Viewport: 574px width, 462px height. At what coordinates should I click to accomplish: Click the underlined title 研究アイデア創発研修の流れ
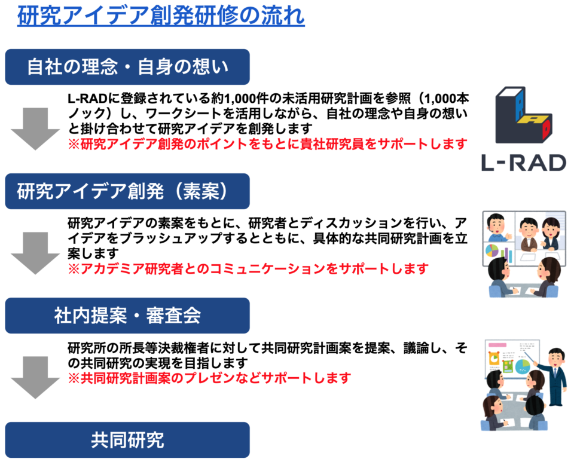coord(161,16)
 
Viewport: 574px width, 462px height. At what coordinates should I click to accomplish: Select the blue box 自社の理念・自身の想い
coord(127,67)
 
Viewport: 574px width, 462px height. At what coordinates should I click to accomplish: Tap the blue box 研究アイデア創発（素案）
coord(127,191)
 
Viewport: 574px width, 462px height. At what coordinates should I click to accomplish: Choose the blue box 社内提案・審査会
coord(127,316)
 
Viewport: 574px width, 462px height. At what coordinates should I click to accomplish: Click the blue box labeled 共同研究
coord(127,440)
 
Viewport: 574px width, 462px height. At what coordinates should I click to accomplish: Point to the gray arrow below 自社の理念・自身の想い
coord(35,128)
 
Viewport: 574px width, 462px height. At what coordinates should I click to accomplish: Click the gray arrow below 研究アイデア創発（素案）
coord(35,253)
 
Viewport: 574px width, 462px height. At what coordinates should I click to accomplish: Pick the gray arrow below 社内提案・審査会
coord(35,378)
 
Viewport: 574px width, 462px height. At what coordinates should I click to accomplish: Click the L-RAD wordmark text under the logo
coord(524,163)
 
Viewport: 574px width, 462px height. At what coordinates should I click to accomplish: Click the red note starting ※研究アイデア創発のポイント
coord(268,144)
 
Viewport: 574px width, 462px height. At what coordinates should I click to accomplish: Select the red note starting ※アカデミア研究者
coord(248,269)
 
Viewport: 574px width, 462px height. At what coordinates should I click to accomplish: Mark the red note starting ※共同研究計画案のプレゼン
coord(209,378)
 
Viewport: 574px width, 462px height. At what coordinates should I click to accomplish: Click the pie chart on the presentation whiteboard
coord(523,366)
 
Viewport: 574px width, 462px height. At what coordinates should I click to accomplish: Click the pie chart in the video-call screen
coord(492,250)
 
